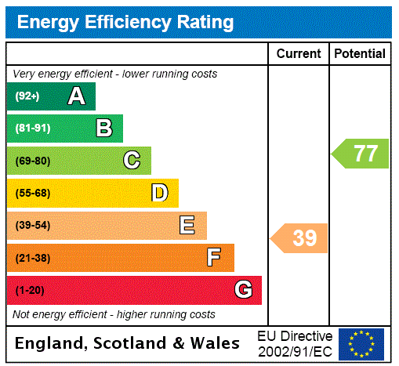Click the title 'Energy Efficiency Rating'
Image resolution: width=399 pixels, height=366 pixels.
[x=125, y=22]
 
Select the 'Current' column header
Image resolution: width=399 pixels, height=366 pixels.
[x=299, y=53]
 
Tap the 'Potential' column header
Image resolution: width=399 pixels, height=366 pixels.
[x=360, y=53]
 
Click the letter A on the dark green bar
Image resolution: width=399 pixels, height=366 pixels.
[x=76, y=96]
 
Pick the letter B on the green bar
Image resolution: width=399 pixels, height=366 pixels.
[x=103, y=129]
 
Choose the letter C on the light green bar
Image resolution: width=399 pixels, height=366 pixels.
[x=132, y=161]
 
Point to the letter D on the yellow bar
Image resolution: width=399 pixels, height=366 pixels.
[x=159, y=193]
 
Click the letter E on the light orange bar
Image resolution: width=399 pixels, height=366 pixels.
[x=187, y=226]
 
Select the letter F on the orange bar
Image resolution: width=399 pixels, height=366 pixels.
[x=214, y=258]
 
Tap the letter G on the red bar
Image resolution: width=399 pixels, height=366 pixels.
[x=243, y=290]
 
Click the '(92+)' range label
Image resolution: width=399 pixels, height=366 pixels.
[x=27, y=96]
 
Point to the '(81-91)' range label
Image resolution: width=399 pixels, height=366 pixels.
[x=32, y=129]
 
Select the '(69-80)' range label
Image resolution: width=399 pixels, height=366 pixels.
[x=32, y=161]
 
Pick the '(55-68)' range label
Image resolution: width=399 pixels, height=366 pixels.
[x=32, y=193]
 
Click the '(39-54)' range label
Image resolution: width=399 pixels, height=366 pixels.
[x=32, y=226]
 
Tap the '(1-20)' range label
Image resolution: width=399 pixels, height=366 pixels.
[x=30, y=290]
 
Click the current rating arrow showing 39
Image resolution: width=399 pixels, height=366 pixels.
[x=300, y=238]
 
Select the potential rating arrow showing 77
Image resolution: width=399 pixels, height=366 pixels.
[x=361, y=153]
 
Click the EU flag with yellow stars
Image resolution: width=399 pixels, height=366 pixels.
[x=361, y=343]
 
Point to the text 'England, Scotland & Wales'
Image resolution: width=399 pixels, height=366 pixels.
[x=128, y=343]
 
